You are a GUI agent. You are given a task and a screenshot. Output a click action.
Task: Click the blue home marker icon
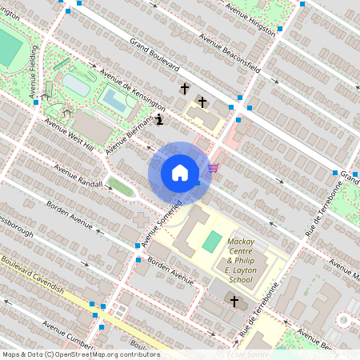(x=180, y=173)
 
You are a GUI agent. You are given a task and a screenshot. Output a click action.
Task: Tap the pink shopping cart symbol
(x=213, y=167)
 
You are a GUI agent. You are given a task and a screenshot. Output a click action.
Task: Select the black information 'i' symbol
(x=159, y=120)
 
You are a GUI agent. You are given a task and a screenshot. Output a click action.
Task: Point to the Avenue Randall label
(x=78, y=177)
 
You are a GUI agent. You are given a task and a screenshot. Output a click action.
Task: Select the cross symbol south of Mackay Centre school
(x=234, y=302)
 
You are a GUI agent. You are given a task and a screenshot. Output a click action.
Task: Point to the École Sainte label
(x=247, y=354)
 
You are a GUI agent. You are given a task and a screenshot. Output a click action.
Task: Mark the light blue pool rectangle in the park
(x=114, y=100)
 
